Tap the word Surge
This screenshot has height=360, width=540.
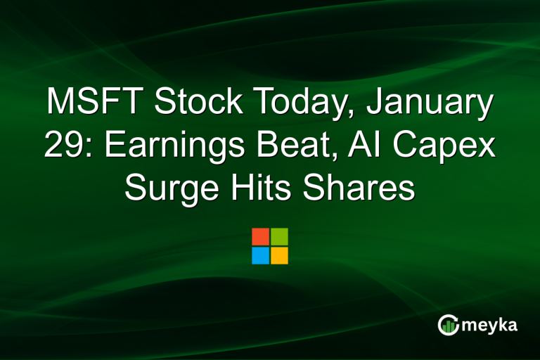(169, 189)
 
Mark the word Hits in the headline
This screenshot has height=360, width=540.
(264, 189)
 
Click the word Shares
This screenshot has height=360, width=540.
(363, 189)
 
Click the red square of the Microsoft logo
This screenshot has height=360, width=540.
(260, 236)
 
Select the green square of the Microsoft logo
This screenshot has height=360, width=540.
(279, 236)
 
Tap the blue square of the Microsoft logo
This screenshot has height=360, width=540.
(260, 255)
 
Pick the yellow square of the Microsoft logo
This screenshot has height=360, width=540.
(279, 255)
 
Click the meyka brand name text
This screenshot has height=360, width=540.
(493, 325)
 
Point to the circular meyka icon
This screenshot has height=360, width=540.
(448, 324)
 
